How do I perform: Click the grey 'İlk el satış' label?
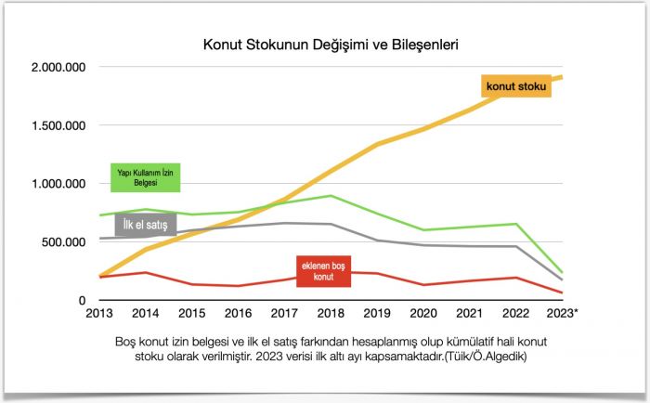146,224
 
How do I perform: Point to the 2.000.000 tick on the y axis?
58,67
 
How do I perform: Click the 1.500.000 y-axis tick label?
58,125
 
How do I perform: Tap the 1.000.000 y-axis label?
58,184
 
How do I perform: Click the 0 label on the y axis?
82,300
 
